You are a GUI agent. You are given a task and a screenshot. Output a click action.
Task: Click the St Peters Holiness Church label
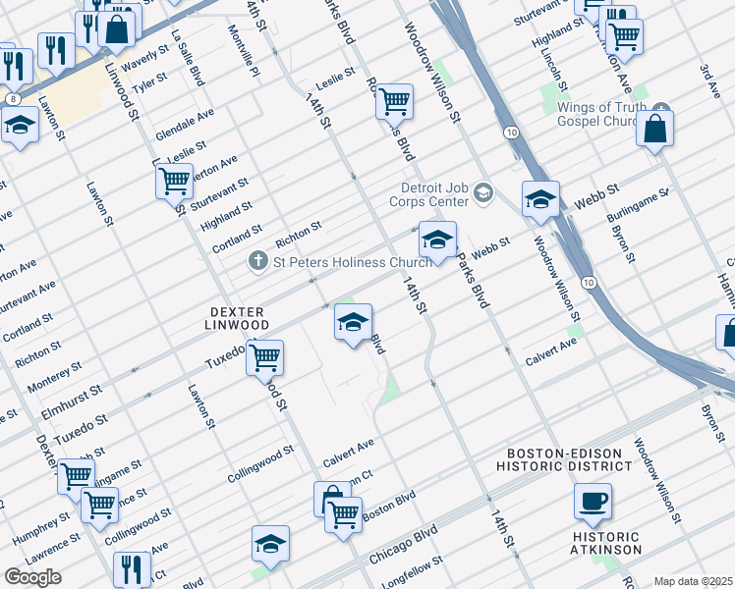click(x=352, y=262)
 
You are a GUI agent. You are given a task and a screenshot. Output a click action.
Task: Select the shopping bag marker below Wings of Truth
click(x=654, y=129)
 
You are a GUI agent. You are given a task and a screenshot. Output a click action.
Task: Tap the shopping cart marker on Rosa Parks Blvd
click(x=394, y=100)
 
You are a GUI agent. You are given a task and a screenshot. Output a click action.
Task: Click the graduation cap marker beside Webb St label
click(x=540, y=200)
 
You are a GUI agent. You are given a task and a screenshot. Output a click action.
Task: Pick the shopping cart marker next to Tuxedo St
click(x=264, y=358)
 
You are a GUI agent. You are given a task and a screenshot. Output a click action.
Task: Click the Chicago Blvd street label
click(x=403, y=546)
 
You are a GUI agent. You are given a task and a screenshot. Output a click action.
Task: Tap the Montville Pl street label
click(x=244, y=59)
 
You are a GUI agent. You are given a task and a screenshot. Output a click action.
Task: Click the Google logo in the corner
click(x=33, y=577)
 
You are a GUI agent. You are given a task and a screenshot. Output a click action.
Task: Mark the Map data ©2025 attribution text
click(x=693, y=581)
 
